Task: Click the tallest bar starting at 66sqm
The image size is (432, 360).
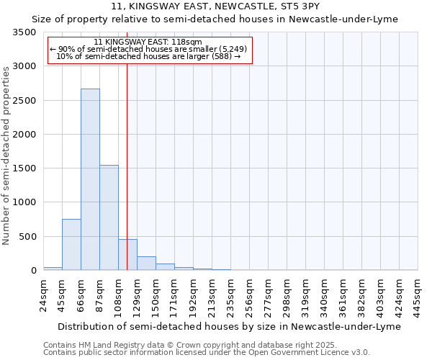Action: [90, 180]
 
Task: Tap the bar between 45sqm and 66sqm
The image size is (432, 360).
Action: [71, 245]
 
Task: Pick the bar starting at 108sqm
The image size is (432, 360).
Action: [127, 255]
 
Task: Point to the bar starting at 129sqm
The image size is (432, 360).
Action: [146, 264]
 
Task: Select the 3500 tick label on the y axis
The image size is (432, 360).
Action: [24, 32]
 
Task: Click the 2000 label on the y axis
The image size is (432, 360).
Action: [24, 135]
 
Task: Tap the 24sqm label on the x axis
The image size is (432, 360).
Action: [43, 296]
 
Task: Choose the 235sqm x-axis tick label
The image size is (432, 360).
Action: [230, 296]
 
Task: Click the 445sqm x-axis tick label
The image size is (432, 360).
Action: [418, 296]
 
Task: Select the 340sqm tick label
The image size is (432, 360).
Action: [324, 296]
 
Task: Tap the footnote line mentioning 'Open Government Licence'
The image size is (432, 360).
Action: [207, 352]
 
